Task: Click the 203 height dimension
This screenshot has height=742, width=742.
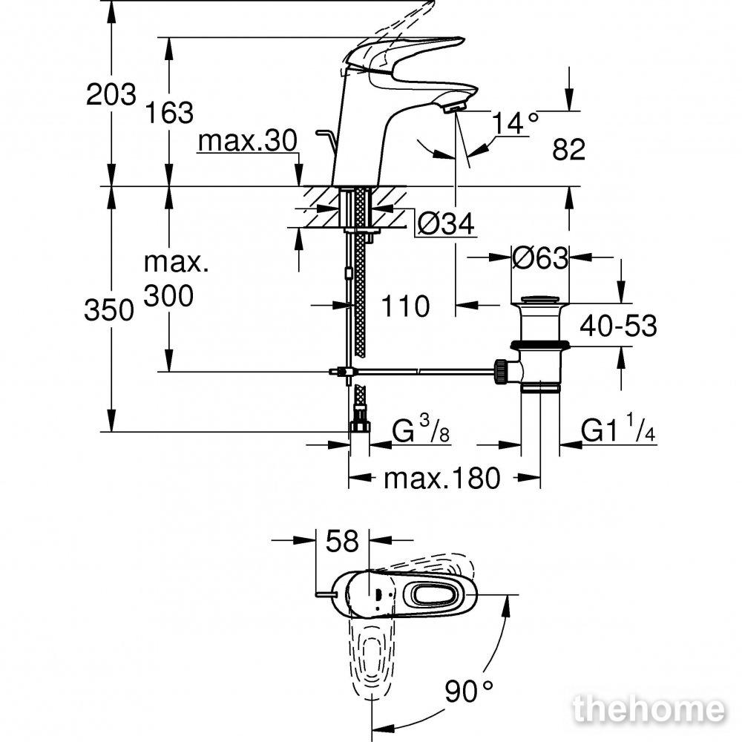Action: click(111, 94)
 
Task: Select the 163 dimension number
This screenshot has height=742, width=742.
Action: click(169, 113)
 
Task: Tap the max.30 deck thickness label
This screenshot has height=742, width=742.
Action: click(248, 141)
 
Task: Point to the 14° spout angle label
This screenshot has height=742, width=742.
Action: click(516, 123)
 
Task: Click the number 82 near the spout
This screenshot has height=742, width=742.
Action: click(569, 150)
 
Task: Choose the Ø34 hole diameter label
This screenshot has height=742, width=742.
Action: click(446, 223)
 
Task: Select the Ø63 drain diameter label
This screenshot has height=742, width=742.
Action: click(540, 258)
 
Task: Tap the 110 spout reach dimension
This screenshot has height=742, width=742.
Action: click(405, 306)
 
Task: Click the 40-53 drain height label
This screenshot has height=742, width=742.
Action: click(619, 326)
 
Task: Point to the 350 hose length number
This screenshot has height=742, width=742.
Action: click(109, 311)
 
